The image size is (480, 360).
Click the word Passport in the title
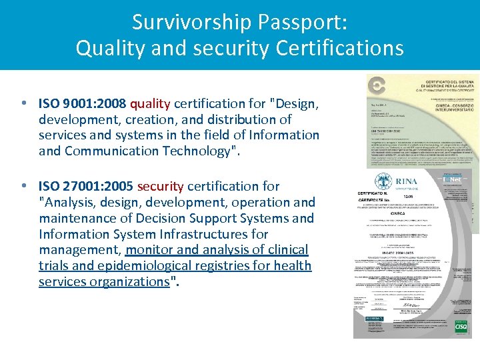pyautogui.click(x=303, y=22)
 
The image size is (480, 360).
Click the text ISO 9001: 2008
pyautogui.click(x=83, y=103)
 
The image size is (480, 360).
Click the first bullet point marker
pyautogui.click(x=24, y=103)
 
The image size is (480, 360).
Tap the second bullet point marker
pyautogui.click(x=24, y=186)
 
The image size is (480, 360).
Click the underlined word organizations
pyautogui.click(x=134, y=281)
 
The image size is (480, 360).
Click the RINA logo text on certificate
pyautogui.click(x=406, y=181)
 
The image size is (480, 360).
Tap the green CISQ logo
pyautogui.click(x=461, y=326)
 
